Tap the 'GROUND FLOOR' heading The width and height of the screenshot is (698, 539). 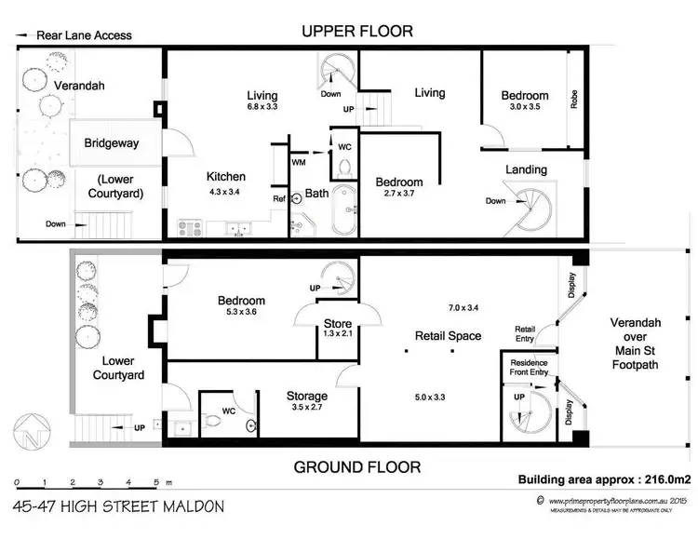tap(358, 466)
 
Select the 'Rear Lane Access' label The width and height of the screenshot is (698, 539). tap(84, 36)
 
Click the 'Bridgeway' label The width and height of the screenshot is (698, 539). tap(112, 144)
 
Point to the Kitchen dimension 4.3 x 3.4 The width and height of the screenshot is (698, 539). tap(226, 193)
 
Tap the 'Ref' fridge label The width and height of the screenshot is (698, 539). tap(278, 198)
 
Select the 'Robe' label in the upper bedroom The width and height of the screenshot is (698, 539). tap(574, 101)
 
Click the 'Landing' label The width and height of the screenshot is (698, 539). tap(526, 169)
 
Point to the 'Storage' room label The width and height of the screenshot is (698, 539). tap(306, 396)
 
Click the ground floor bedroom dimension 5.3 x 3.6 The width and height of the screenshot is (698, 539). tap(241, 315)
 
